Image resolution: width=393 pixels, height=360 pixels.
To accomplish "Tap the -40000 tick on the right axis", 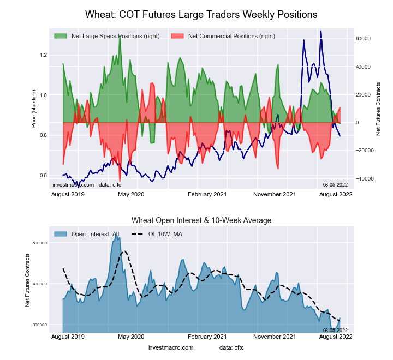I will tap(362, 178).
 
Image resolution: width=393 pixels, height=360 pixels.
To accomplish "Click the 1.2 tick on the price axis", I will tap(44, 55).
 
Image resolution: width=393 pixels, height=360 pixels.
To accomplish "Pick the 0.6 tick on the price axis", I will tap(44, 176).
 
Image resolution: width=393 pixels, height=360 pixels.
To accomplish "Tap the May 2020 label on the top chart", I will tap(131, 194).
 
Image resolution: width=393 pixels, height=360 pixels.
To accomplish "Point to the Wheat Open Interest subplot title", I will tap(201, 220).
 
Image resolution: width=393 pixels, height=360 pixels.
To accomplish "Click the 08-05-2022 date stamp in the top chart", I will tap(335, 185).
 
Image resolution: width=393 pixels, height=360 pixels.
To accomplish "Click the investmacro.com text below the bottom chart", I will tap(171, 347).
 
